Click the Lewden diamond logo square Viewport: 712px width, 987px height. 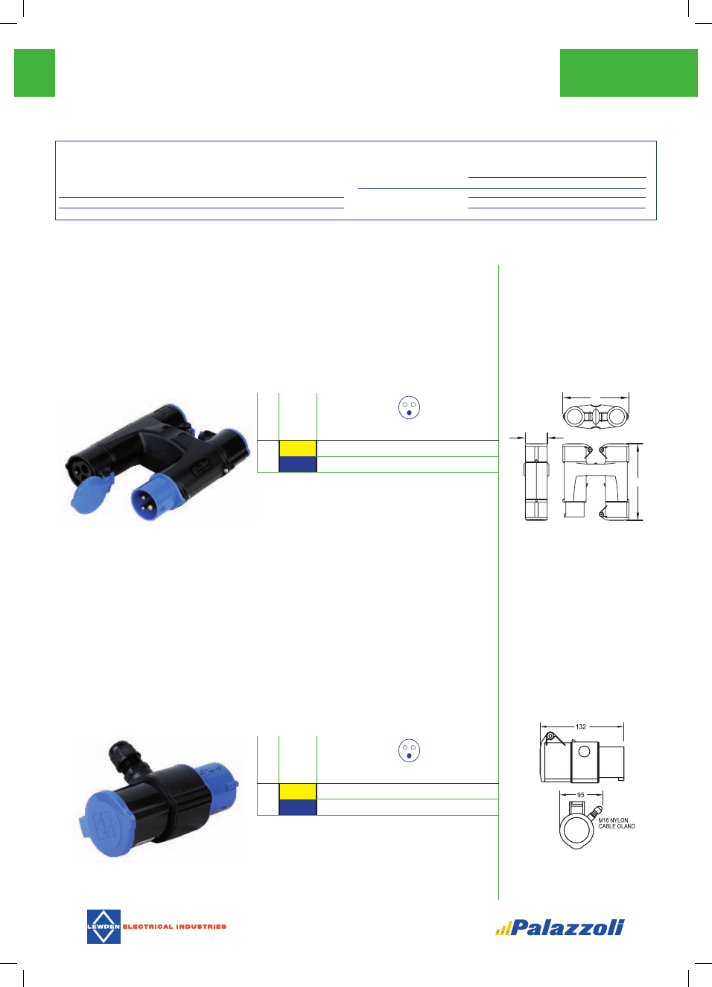pos(104,926)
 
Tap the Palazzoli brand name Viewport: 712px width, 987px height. pos(567,927)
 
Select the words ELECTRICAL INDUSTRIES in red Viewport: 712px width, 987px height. pos(174,927)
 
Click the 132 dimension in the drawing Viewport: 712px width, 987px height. pos(581,726)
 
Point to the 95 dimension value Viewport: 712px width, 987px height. pos(581,795)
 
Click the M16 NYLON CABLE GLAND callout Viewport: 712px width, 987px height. pos(617,823)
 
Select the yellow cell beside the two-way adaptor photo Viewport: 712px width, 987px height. pos(298,448)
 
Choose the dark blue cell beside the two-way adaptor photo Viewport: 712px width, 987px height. pos(298,464)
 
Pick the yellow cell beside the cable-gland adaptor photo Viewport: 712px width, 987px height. pos(298,791)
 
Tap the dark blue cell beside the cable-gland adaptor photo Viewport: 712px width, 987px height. pos(298,807)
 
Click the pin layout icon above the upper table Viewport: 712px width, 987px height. pos(409,408)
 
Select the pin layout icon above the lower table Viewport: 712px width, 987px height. pos(409,750)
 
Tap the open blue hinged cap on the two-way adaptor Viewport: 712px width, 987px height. pos(92,493)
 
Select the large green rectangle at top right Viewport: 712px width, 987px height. pos(629,73)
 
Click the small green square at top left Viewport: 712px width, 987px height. pos(34,73)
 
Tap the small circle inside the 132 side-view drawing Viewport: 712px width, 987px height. pos(584,751)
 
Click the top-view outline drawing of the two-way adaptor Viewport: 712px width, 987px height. pos(596,416)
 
